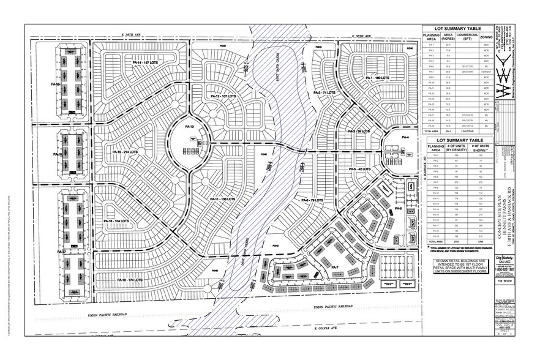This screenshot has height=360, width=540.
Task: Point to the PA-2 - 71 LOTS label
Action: pos(324,92)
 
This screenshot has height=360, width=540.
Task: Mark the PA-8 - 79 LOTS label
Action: pos(313,200)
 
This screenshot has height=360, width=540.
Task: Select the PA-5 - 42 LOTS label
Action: pos(361,168)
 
